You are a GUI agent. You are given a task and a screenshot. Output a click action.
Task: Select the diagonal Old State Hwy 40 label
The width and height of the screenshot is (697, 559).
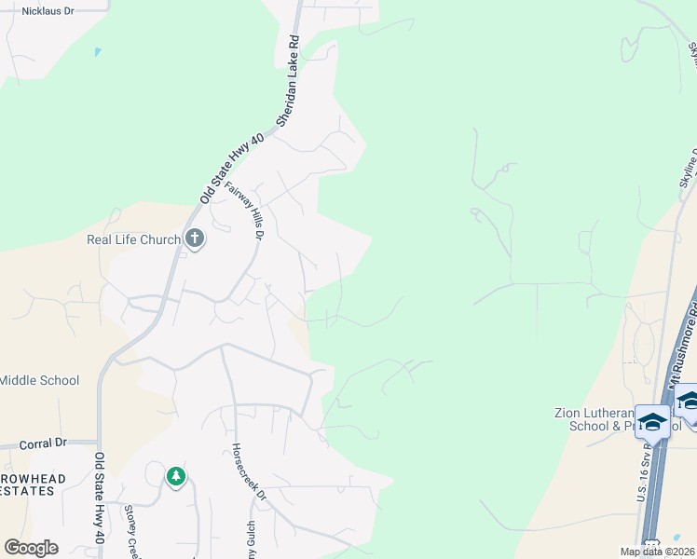coord(232,168)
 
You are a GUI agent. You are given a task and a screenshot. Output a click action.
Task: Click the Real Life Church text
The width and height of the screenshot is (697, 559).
coord(133,239)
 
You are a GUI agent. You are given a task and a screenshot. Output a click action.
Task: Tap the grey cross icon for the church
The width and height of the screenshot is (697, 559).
coord(195,239)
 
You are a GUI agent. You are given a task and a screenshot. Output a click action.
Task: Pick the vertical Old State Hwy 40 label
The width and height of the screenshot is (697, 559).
coord(98,498)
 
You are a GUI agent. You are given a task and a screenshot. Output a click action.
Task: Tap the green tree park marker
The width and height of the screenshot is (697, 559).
coord(176,477)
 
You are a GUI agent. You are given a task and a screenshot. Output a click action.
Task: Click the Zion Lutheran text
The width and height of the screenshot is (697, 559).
coord(593,412)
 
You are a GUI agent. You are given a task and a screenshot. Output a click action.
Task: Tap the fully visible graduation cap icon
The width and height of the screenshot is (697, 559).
coord(652,421)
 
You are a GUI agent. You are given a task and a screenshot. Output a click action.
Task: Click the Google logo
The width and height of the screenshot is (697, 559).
coord(31,548)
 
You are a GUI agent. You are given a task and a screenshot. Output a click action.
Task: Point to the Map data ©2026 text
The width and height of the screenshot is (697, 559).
coord(656,552)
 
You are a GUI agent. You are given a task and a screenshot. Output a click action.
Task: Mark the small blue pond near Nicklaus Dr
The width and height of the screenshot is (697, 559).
coord(97,52)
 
